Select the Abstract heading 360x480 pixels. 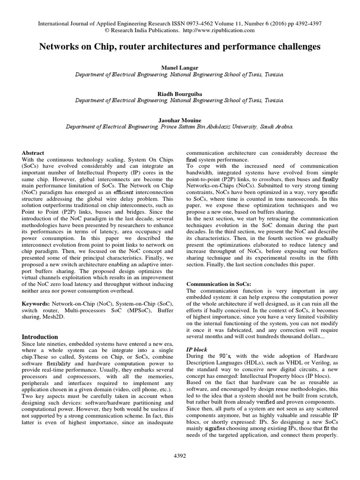[33, 153]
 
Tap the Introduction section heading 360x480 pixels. [40, 337]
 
